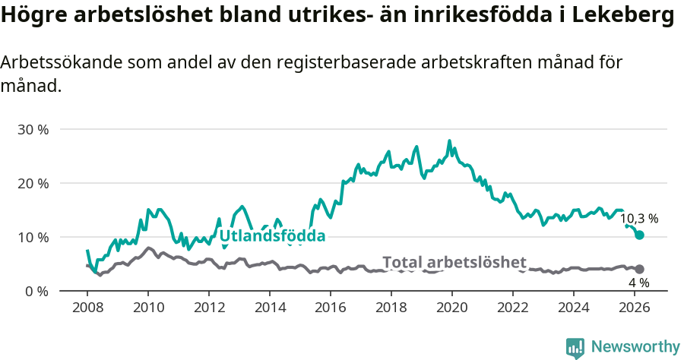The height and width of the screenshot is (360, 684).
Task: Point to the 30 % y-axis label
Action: [x=33, y=129]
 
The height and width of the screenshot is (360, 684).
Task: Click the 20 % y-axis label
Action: [x=33, y=183]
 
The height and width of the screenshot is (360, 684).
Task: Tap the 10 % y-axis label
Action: [x=33, y=237]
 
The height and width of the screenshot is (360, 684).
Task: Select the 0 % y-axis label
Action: [x=36, y=291]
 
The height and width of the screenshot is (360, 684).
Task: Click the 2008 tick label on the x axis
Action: [x=87, y=308]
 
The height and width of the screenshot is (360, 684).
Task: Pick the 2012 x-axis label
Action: [x=209, y=308]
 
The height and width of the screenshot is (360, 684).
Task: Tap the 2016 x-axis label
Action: [x=331, y=308]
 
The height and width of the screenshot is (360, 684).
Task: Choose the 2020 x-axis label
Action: [x=452, y=308]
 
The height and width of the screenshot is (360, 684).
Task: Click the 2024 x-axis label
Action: [x=574, y=308]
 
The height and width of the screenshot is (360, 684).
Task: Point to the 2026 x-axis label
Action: [x=635, y=308]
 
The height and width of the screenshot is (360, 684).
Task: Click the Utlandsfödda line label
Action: [x=272, y=236]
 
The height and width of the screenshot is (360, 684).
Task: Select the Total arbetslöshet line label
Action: [x=454, y=263]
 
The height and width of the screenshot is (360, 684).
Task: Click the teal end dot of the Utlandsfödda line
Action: [x=639, y=235]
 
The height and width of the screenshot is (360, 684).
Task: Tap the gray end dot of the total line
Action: [x=639, y=269]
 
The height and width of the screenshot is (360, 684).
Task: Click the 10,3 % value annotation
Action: [x=639, y=219]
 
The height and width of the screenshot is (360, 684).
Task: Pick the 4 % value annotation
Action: [x=639, y=283]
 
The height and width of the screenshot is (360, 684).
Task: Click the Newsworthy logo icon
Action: [x=575, y=348]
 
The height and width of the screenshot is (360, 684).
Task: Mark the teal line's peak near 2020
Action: [x=449, y=141]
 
